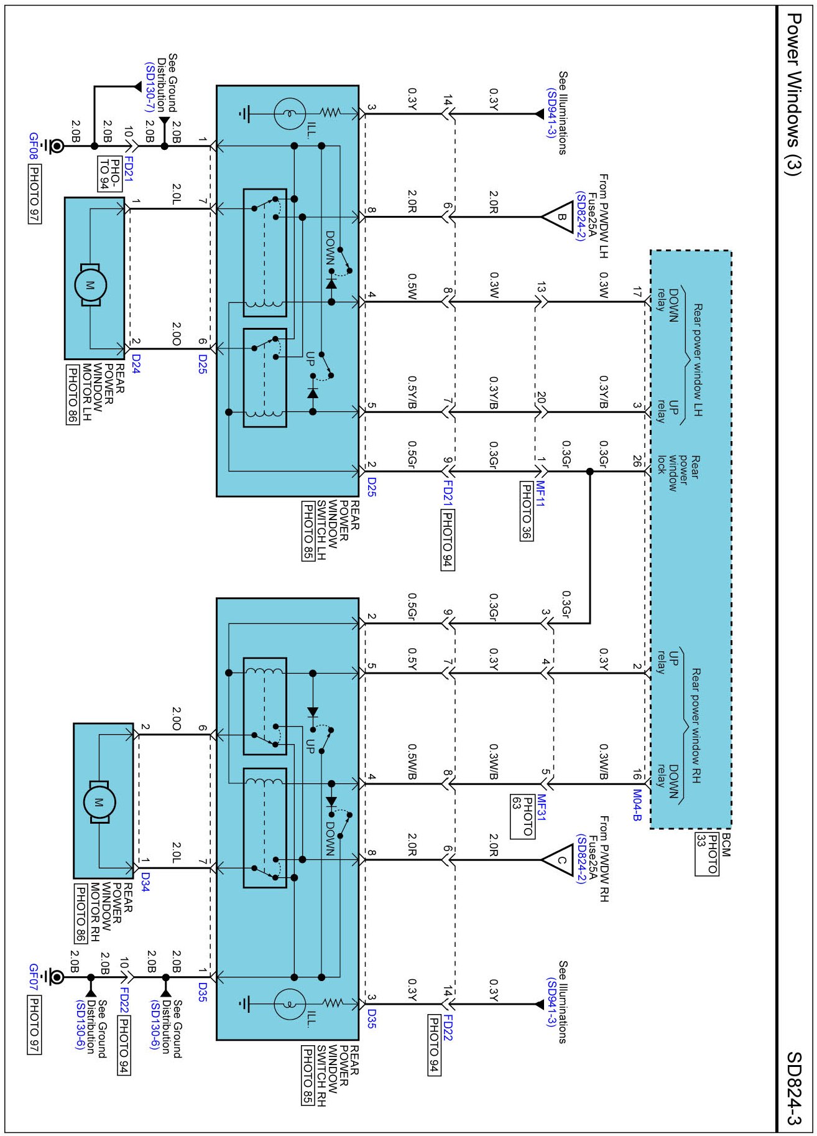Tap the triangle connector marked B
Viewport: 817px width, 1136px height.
pyautogui.click(x=560, y=217)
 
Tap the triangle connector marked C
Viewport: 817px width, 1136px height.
pyautogui.click(x=560, y=860)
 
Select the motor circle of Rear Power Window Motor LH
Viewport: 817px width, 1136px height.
pyautogui.click(x=91, y=285)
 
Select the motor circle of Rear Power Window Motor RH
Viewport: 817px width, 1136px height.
pyautogui.click(x=99, y=803)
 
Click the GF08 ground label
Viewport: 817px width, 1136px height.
pyautogui.click(x=34, y=146)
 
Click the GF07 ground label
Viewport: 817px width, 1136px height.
pyautogui.click(x=34, y=977)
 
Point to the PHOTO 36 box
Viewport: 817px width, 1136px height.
pyautogui.click(x=526, y=511)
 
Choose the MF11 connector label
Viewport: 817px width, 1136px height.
pyautogui.click(x=540, y=494)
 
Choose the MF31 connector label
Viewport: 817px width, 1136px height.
pyautogui.click(x=541, y=808)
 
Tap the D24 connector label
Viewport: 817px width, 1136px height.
pyautogui.click(x=136, y=365)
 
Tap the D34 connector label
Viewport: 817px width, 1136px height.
pyautogui.click(x=145, y=882)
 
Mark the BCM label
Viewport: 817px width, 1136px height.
pyautogui.click(x=725, y=844)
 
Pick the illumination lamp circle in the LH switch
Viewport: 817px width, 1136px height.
pyautogui.click(x=290, y=114)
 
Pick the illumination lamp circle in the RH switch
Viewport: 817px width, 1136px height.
pyautogui.click(x=290, y=1003)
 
